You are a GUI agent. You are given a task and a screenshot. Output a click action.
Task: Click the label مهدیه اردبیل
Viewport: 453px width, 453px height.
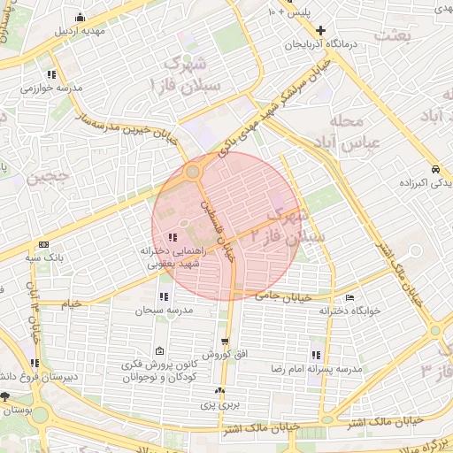click(x=80, y=30)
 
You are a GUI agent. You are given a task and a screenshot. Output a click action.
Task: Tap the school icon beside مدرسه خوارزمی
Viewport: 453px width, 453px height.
click(x=52, y=74)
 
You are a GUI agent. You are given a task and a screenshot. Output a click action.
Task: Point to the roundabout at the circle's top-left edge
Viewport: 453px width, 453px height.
click(x=193, y=172)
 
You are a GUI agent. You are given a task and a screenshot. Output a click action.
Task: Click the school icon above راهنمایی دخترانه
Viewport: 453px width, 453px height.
click(x=171, y=236)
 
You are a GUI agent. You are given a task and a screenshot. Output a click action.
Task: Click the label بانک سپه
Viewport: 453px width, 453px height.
click(x=44, y=257)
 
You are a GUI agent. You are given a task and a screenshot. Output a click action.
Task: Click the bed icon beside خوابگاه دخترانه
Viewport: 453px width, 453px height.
click(x=350, y=297)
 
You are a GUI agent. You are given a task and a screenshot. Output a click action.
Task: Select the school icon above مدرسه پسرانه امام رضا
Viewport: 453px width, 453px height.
click(x=315, y=354)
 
